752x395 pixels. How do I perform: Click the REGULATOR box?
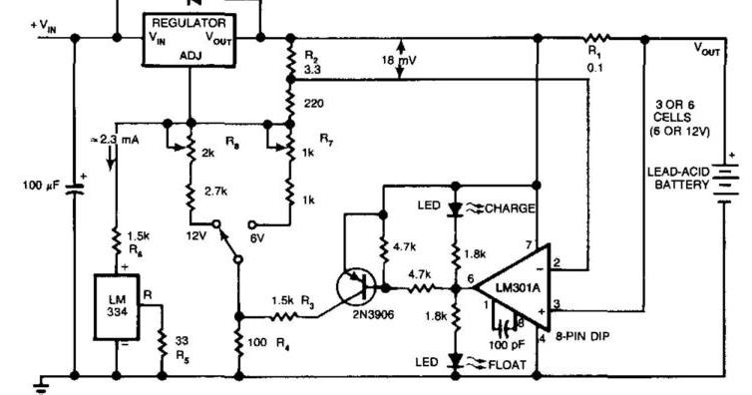tap(189, 39)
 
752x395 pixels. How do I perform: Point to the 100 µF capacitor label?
tap(43, 185)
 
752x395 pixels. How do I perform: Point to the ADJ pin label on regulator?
tap(188, 57)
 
